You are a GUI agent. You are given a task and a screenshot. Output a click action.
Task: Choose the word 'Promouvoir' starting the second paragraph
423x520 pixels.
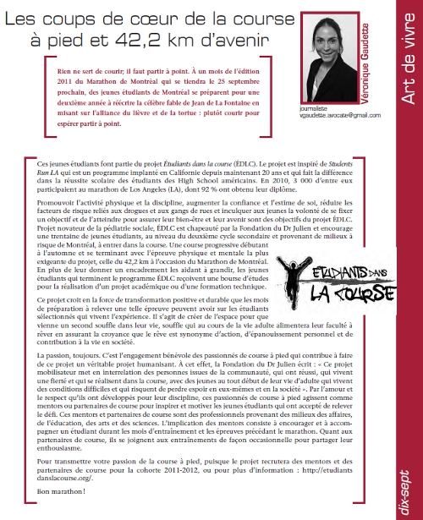57,204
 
